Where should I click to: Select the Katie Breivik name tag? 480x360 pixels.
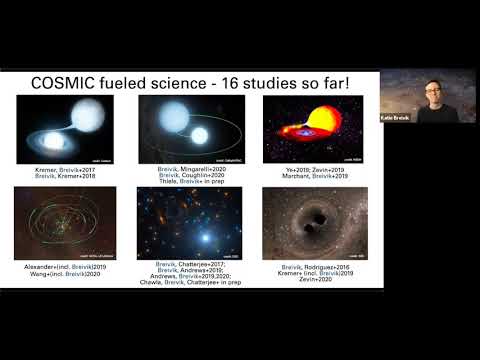(x=396, y=117)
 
